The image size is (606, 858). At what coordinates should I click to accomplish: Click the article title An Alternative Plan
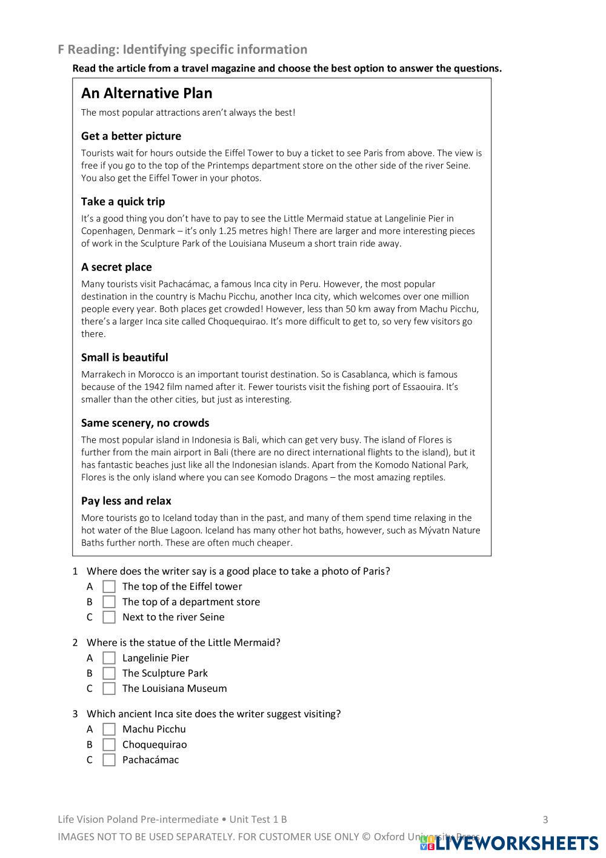[147, 93]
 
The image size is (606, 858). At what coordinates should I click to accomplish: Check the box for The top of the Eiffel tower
[109, 586]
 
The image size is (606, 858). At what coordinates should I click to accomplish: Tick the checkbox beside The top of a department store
[109, 602]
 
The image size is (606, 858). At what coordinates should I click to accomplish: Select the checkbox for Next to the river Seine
[109, 617]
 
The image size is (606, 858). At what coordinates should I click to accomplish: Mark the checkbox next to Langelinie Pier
[109, 658]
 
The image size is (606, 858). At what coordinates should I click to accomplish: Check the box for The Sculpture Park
[109, 673]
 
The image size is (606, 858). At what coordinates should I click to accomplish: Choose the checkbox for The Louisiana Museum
[109, 688]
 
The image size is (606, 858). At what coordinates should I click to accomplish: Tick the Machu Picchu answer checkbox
[109, 729]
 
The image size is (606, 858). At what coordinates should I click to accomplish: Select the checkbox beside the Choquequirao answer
[109, 745]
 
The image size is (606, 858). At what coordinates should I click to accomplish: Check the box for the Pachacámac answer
[109, 760]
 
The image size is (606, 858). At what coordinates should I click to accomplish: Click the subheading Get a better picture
[131, 136]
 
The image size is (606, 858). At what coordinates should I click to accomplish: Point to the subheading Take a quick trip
[123, 202]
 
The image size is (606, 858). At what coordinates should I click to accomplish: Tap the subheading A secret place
[116, 267]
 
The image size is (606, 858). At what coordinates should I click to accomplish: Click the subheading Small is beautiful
[124, 358]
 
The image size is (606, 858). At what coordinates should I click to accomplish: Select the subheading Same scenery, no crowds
[145, 423]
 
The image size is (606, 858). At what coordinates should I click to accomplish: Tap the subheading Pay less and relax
[126, 501]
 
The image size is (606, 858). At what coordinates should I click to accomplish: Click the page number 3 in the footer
[545, 820]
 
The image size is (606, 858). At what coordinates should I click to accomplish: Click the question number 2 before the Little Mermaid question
[75, 643]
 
